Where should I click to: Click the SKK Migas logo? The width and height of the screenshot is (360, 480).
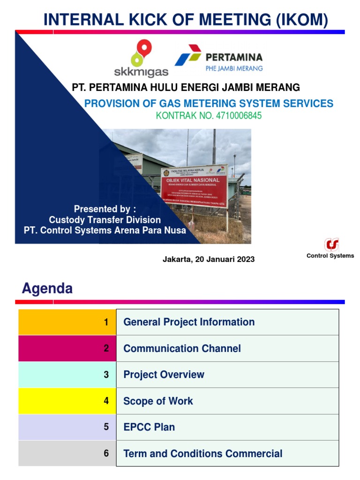[141, 59]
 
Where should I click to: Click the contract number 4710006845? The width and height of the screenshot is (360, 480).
[209, 116]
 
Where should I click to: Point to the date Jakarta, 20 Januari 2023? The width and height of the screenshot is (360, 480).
[209, 259]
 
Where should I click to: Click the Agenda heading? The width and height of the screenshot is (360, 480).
[47, 289]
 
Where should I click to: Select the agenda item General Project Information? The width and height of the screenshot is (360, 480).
[189, 322]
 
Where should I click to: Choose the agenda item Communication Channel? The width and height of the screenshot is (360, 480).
[182, 348]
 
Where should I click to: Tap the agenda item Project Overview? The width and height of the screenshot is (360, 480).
[164, 375]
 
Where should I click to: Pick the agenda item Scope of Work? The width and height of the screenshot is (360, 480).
[158, 401]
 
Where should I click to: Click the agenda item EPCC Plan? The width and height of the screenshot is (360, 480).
[149, 427]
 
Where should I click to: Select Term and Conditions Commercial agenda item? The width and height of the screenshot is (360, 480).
[202, 453]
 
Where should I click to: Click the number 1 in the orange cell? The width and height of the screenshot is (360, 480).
[106, 322]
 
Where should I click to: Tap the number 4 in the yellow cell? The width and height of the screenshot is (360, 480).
[106, 401]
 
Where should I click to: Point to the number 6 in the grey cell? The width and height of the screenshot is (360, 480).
[106, 453]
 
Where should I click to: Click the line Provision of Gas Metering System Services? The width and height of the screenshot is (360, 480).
[209, 104]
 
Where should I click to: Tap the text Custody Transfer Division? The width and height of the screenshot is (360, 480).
[105, 220]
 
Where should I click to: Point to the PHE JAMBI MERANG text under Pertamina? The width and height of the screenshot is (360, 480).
[234, 68]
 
